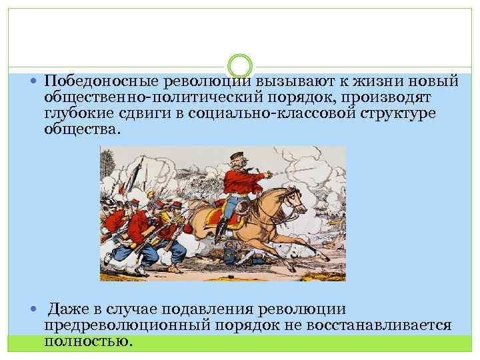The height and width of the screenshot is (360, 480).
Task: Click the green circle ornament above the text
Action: (x=240, y=66)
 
